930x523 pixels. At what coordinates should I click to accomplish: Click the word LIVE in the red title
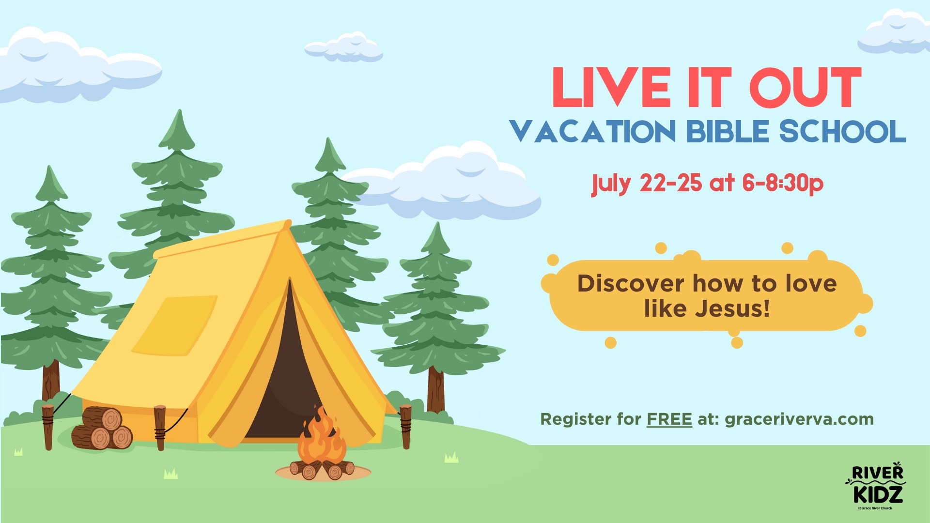(611, 87)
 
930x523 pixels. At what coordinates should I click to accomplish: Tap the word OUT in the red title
(806, 87)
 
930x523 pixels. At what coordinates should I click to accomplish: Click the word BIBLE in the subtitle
(728, 131)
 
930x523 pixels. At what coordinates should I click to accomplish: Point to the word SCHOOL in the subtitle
(842, 131)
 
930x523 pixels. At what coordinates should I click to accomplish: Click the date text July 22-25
(646, 184)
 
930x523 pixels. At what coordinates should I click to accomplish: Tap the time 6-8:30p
(782, 184)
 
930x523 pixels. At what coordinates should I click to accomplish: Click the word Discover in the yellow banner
(630, 283)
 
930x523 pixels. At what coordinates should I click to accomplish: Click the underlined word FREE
(669, 419)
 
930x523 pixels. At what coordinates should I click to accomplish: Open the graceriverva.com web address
(799, 419)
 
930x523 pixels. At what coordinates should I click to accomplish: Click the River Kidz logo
(876, 487)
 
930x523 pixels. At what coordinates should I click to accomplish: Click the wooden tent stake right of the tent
(405, 426)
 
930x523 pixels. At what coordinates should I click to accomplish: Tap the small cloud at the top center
(343, 47)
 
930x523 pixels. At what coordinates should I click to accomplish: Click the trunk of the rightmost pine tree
(436, 390)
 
